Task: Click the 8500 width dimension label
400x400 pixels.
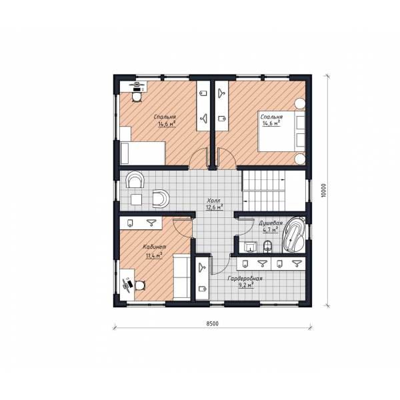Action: [212, 324]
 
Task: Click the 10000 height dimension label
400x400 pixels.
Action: [323, 190]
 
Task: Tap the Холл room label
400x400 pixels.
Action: [213, 201]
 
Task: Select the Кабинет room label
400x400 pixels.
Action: [155, 247]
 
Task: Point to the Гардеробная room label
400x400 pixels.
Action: [245, 278]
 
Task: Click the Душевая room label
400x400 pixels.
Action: [271, 223]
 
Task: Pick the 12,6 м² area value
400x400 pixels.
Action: [215, 207]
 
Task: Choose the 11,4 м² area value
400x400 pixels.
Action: [154, 255]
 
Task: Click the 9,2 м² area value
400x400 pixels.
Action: [246, 285]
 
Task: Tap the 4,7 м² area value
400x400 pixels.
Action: [271, 230]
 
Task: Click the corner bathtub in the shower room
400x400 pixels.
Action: [294, 235]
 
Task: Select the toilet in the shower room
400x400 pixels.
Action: [267, 247]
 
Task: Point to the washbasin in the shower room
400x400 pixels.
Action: [250, 247]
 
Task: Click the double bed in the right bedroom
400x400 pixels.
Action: [281, 131]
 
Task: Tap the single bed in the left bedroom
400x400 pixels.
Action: [143, 153]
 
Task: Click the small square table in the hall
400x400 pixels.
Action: [137, 199]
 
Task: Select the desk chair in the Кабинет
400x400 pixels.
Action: [140, 285]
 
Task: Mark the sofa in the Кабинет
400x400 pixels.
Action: [181, 277]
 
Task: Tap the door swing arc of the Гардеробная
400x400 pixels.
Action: [225, 268]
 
